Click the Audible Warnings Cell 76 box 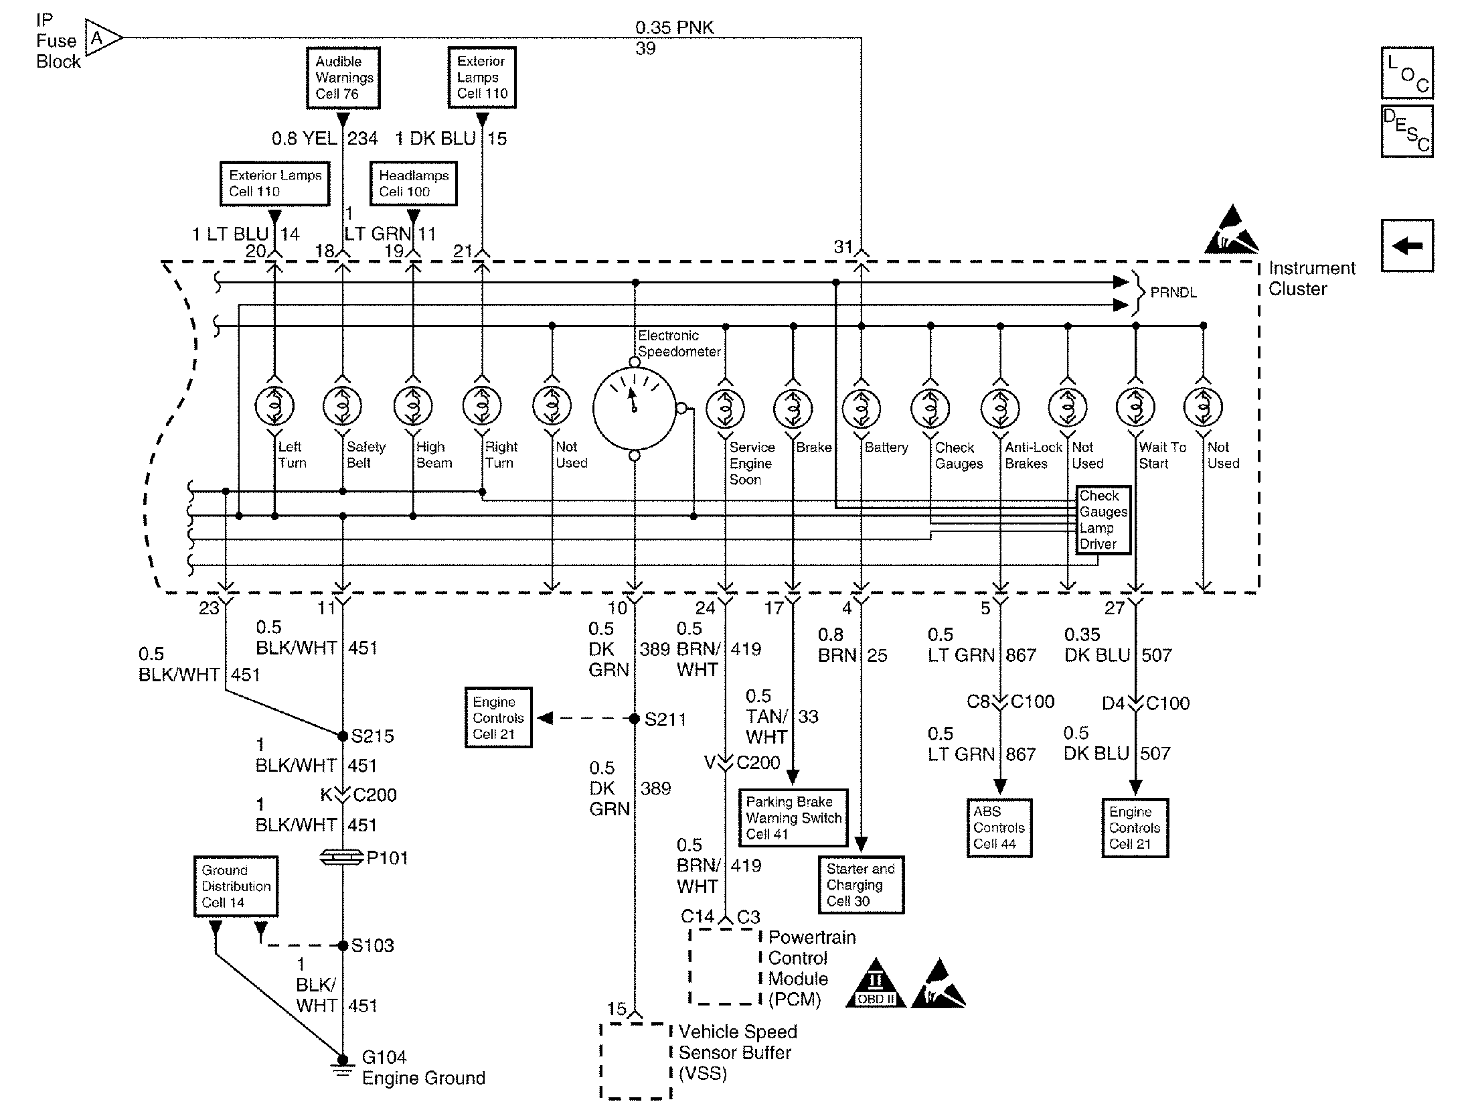click(x=343, y=78)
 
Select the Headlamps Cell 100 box click(x=414, y=184)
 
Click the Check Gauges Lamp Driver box click(x=1103, y=520)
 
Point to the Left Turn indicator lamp click(x=274, y=407)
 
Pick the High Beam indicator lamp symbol click(x=413, y=407)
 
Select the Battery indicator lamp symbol click(x=861, y=408)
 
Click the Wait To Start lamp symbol click(x=1135, y=407)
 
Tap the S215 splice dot click(x=343, y=736)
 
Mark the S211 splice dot click(x=635, y=719)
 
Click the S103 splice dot click(x=343, y=945)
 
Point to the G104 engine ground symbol click(x=343, y=1065)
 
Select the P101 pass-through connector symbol click(x=343, y=857)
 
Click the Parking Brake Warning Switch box click(x=793, y=818)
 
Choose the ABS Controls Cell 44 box click(x=999, y=828)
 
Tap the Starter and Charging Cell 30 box click(x=861, y=885)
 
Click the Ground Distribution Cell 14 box click(x=236, y=886)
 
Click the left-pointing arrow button click(x=1407, y=246)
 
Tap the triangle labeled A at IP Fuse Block click(x=101, y=38)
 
